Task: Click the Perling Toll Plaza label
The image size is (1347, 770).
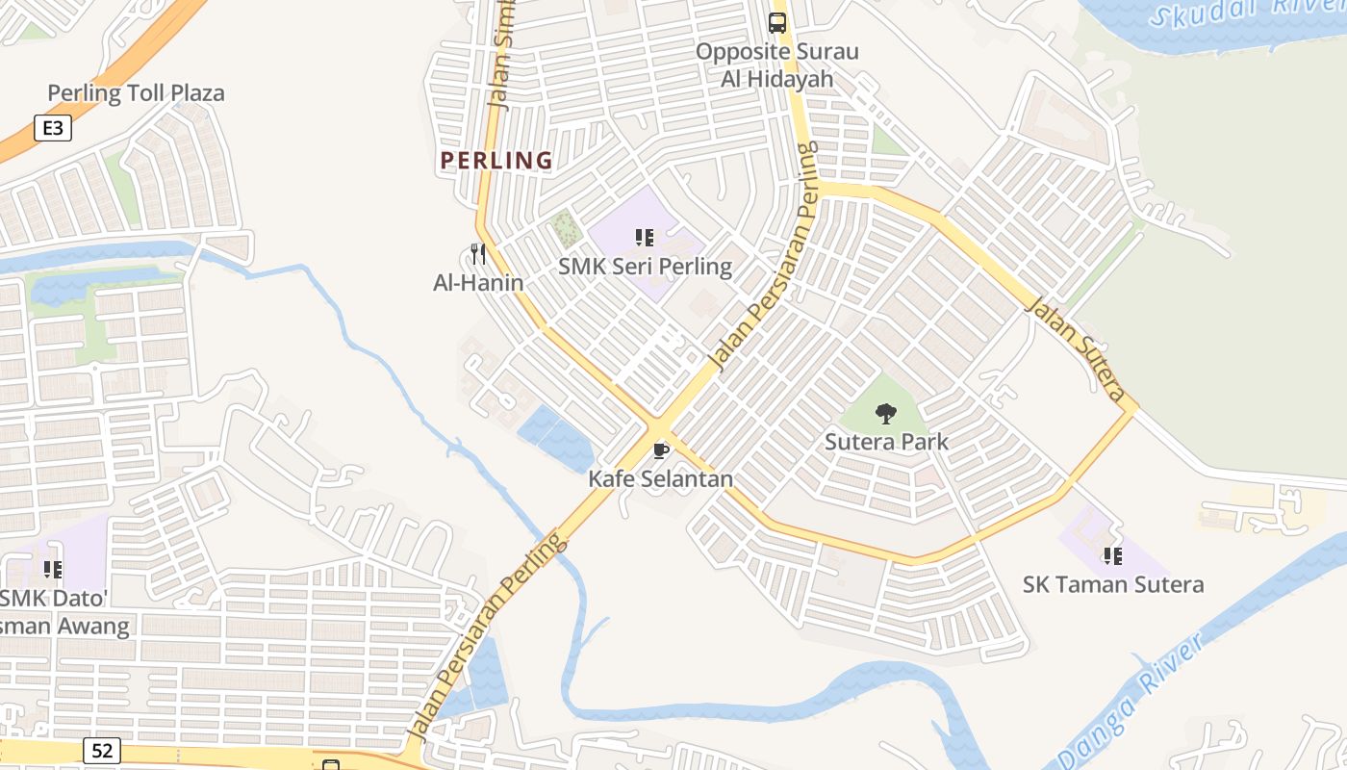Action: pos(136,93)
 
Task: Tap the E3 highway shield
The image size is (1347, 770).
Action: pos(53,127)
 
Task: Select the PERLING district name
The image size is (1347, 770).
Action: pos(496,161)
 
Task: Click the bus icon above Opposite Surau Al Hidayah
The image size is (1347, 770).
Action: pos(777,23)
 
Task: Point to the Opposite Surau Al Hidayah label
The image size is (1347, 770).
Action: pos(776,65)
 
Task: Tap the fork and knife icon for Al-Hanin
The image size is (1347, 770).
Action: pos(478,254)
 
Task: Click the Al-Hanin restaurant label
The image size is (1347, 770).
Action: pos(478,282)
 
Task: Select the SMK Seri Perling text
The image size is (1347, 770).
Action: pos(645,267)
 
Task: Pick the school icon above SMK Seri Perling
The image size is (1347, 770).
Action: pos(645,237)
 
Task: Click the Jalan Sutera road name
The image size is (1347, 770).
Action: pos(1075,348)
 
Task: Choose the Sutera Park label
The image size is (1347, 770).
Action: pos(886,442)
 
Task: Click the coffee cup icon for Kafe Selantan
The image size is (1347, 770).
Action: pos(661,450)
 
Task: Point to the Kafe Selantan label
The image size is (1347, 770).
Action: pos(661,478)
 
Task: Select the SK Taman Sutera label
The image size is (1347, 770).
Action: pos(1112,584)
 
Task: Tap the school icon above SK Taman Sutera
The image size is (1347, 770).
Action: pos(1113,555)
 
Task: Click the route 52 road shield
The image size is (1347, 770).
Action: pos(101,750)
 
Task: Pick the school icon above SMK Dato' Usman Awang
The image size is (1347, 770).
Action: pos(53,570)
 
